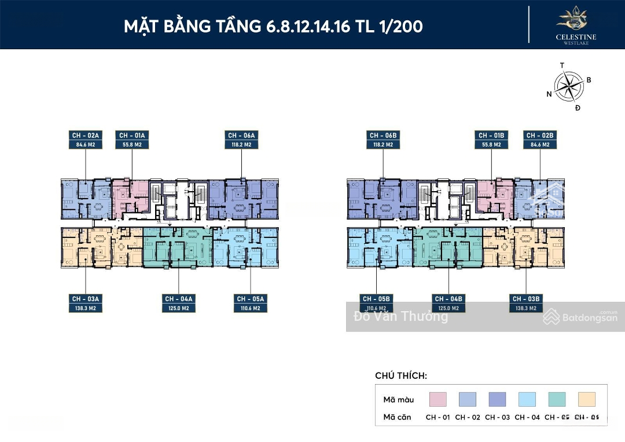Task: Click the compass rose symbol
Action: click(568, 86)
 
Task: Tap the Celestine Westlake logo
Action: click(576, 24)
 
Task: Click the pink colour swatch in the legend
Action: click(438, 399)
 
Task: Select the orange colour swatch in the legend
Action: click(587, 399)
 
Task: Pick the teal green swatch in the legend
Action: click(557, 399)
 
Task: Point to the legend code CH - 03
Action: click(497, 417)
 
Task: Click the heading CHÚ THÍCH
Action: click(401, 376)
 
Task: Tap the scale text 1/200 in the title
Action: click(399, 26)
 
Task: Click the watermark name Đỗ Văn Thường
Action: click(400, 317)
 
